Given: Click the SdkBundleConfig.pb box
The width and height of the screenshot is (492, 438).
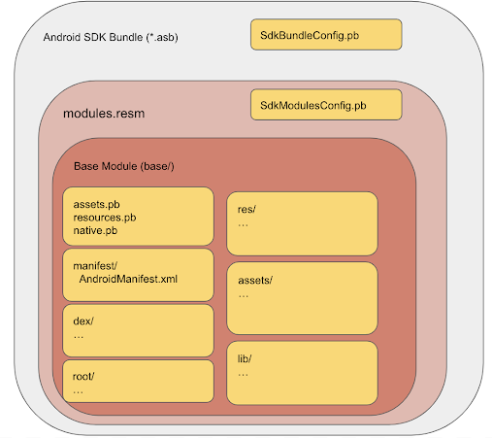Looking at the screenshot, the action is [x=326, y=35].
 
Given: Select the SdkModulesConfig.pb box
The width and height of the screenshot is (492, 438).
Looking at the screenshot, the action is [x=326, y=105].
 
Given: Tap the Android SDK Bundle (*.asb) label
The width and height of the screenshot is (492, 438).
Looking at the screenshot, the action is [x=111, y=37].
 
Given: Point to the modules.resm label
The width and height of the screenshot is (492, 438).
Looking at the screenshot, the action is [x=104, y=114].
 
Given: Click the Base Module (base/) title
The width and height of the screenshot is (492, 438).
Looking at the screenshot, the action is [x=124, y=166].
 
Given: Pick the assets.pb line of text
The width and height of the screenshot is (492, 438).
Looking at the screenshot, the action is [x=96, y=205].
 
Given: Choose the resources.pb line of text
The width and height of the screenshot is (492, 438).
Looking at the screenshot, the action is [x=105, y=218].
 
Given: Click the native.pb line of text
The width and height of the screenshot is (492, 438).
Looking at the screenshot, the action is [x=95, y=230].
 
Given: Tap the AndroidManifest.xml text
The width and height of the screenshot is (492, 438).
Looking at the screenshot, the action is [x=128, y=279].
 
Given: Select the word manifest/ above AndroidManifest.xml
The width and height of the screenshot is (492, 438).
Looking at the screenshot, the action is [x=95, y=266].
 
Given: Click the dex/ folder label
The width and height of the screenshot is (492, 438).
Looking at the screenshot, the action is [x=83, y=320].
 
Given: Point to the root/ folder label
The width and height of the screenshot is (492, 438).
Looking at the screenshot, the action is [x=83, y=376].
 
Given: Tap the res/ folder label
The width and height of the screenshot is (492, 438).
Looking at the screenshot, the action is [x=246, y=210].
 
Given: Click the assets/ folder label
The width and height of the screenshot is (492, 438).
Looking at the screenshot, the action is [x=255, y=280].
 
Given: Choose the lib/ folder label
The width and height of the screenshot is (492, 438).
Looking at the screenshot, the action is [x=245, y=358].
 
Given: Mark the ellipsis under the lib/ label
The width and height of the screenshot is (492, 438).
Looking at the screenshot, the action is [x=243, y=375].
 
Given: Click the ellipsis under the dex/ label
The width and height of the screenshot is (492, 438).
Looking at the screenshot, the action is [x=79, y=337].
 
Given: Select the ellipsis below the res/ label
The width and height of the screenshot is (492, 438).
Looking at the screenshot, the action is [x=243, y=225].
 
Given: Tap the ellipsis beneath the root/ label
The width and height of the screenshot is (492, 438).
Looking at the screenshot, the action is [x=79, y=392].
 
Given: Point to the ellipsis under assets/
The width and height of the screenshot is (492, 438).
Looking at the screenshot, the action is [x=244, y=296].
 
